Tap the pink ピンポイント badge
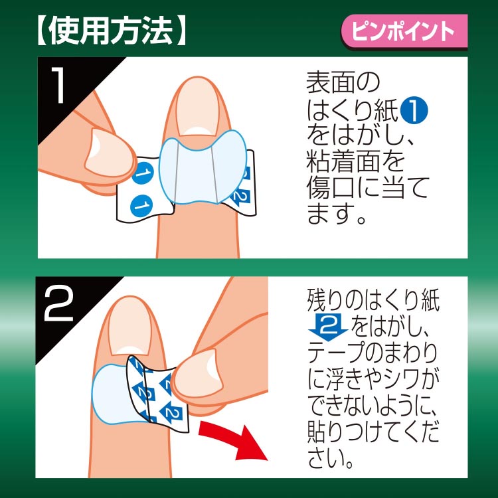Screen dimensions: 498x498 404,32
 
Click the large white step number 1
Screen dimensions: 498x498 58,85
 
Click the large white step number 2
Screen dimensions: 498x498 59,303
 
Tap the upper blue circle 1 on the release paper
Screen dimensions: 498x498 143,173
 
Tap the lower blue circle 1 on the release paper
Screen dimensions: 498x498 141,207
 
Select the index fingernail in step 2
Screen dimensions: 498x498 129,326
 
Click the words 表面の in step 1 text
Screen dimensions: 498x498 343,82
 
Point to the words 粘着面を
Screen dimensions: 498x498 355,162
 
